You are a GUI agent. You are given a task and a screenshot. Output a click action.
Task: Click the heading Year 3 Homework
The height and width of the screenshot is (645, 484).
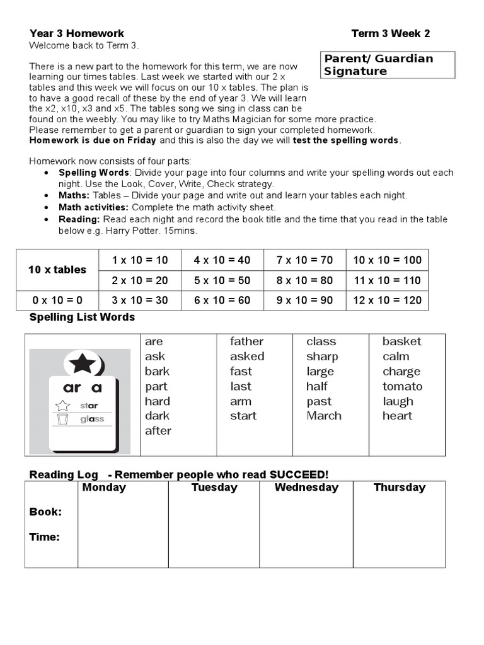tap(77, 33)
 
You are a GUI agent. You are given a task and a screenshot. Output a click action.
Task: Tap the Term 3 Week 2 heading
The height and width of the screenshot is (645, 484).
tap(391, 33)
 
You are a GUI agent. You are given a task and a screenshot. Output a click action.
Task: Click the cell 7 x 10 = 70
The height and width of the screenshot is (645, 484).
tap(305, 260)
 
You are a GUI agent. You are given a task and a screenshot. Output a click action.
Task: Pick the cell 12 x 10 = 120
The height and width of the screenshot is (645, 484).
tap(388, 300)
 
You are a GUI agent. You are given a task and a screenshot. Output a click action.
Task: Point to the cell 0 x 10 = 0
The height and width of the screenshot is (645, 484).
tap(57, 300)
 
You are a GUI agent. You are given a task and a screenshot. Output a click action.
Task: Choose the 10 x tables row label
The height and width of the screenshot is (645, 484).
tap(57, 270)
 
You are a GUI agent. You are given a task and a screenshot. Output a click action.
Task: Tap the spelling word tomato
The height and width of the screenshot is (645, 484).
tap(402, 386)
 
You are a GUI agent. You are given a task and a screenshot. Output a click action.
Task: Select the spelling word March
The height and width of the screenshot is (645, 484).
tap(324, 416)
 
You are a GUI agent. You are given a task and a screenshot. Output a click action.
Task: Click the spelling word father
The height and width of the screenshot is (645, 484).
tap(246, 341)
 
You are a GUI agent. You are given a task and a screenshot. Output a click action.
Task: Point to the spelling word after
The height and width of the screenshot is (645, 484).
tap(158, 431)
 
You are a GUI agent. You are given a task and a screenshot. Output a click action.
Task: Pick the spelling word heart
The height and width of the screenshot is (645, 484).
tap(397, 416)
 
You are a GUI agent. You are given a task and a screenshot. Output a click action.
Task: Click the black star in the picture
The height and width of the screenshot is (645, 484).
tap(83, 363)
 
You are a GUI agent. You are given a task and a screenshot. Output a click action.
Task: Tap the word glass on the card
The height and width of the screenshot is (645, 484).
tap(92, 419)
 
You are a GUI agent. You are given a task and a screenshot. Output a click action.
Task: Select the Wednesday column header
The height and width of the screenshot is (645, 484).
tap(306, 488)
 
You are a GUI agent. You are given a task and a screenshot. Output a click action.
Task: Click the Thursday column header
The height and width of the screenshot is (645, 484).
tap(399, 488)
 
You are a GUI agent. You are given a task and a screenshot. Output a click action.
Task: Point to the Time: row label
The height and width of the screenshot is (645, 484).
tap(45, 537)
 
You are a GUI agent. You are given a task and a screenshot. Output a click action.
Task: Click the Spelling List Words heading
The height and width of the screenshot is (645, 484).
tap(82, 317)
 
